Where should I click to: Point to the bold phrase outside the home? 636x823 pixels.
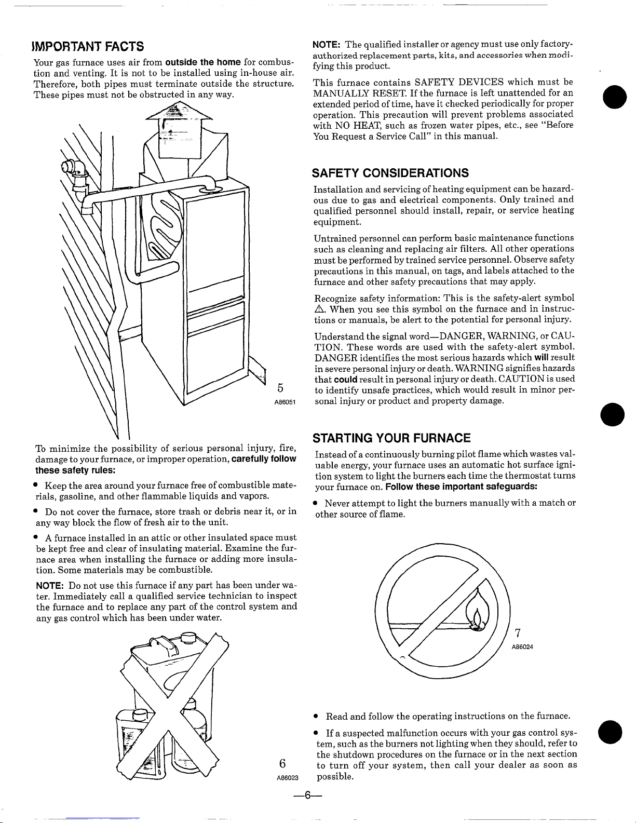(201, 62)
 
